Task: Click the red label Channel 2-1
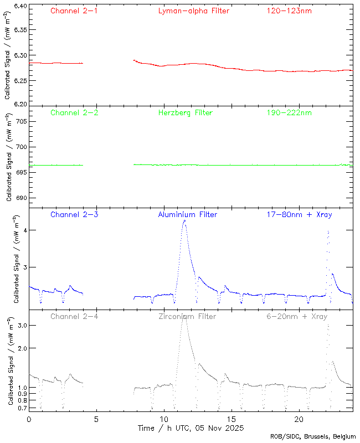pos(74,11)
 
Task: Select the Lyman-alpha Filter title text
pos(193,11)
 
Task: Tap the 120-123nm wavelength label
pos(289,11)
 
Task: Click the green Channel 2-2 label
pos(74,113)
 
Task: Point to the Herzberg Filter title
pos(185,113)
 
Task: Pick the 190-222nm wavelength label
pos(289,113)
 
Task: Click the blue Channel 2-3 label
pos(74,214)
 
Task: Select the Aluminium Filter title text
pos(188,214)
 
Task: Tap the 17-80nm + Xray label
pos(299,214)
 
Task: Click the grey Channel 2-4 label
pos(74,316)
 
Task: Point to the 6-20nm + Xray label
pos(295,316)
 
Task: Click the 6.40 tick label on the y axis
pos(19,7)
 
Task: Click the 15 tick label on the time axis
pos(232,419)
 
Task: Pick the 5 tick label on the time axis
pos(96,419)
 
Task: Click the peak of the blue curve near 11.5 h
pos(184,220)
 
